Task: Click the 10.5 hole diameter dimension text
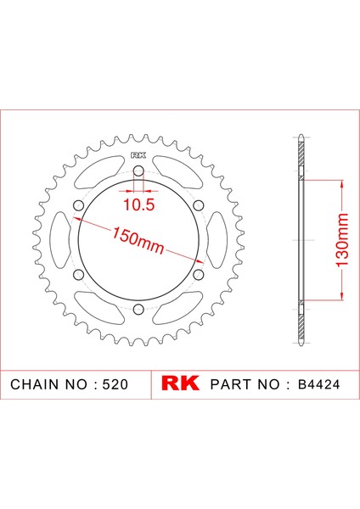coord(138,204)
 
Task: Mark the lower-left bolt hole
coord(78,274)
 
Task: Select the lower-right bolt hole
coord(198,274)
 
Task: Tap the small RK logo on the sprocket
coord(138,155)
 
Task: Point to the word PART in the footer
coord(228,384)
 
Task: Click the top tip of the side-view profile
coord(302,136)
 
